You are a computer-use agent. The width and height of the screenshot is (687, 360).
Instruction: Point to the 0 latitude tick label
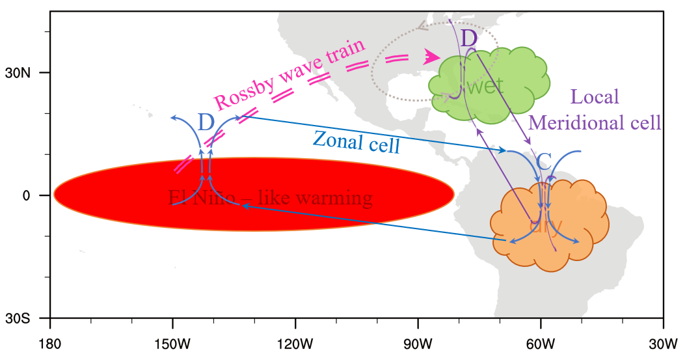point(27,195)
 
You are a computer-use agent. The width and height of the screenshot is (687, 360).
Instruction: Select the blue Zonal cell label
point(356,141)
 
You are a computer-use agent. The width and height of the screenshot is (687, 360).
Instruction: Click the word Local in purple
point(594,98)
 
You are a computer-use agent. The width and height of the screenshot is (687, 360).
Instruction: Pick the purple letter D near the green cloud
point(469,38)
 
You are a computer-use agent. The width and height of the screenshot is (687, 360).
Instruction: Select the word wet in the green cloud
point(485,86)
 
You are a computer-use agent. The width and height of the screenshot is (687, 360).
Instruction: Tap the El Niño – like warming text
point(270,197)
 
